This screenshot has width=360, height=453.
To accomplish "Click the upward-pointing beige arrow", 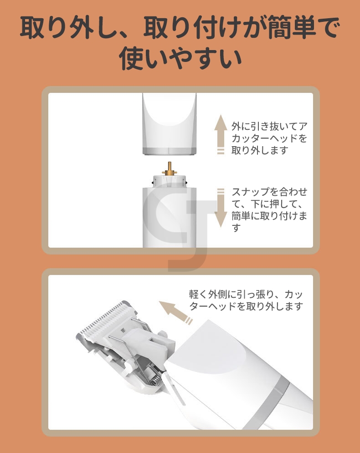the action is [221, 134].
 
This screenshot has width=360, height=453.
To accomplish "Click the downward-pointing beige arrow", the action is [221, 208].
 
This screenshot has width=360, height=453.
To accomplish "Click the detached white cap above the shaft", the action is [170, 124].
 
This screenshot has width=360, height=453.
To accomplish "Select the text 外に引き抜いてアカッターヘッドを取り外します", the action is [269, 138].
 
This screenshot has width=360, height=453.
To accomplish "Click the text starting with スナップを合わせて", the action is [269, 209].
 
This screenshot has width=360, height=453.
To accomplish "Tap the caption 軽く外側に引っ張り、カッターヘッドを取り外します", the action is [246, 300].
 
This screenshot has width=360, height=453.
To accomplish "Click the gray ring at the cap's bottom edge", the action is [170, 151].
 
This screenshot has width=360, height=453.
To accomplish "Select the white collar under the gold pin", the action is [170, 181].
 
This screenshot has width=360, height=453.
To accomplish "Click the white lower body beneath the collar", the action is [170, 217].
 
